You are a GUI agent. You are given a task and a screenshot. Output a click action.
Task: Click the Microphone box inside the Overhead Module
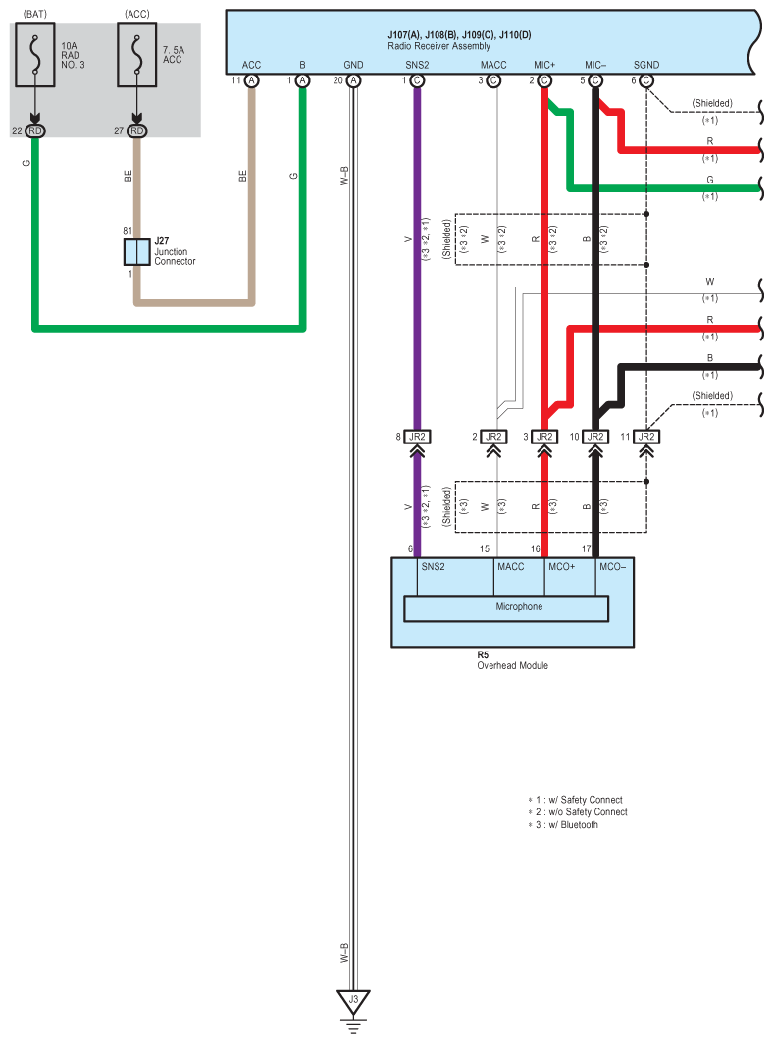coord(506,607)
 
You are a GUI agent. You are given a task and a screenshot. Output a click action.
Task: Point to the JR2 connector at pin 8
coord(417,437)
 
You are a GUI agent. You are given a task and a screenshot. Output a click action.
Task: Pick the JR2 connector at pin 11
coord(646,437)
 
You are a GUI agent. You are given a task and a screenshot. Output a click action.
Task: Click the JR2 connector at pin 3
coord(544,437)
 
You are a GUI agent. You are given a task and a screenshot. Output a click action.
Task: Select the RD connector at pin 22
coord(36,130)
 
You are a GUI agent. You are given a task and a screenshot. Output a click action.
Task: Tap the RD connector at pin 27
coord(137,130)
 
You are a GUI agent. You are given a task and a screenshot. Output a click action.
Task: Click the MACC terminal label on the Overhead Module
coord(510,567)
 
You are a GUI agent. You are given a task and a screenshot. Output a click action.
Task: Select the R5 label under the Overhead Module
coord(483,653)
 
